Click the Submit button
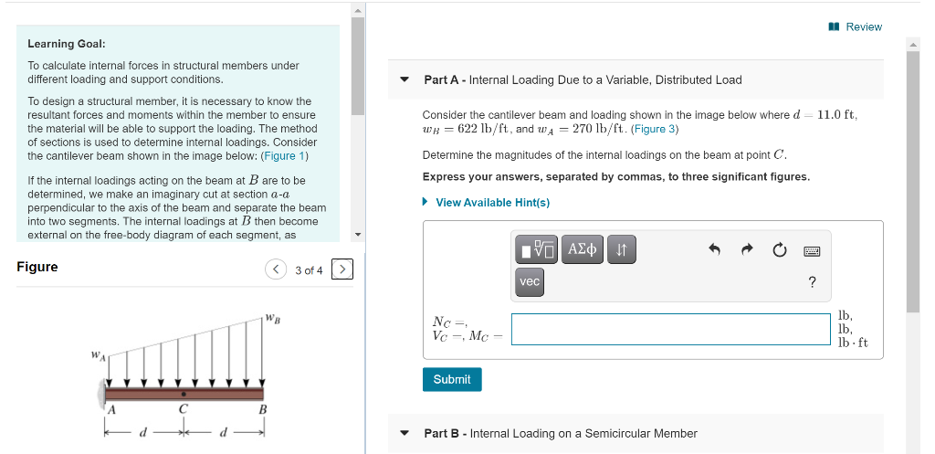tap(452, 379)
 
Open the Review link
tap(863, 27)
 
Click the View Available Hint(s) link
tap(492, 203)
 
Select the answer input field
tap(671, 330)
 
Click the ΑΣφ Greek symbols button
tap(583, 248)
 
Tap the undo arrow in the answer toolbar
tap(715, 249)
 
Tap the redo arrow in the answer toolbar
tap(746, 249)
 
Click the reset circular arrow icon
tap(779, 249)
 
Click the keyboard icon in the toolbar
tap(812, 249)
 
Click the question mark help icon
tap(812, 282)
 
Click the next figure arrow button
tap(342, 269)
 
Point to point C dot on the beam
tap(184, 395)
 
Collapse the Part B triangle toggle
tap(404, 434)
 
